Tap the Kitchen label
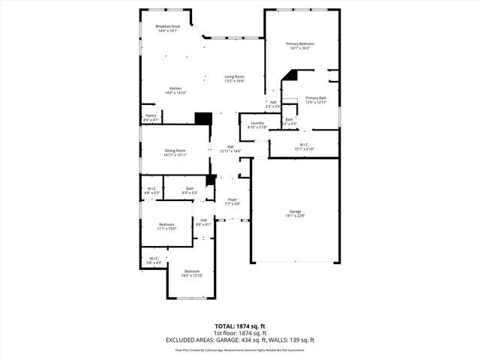coord(175,89)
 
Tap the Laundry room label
coord(257,124)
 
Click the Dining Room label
coord(175,152)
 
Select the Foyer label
coord(232,201)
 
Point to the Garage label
coord(294,214)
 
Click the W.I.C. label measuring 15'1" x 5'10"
coord(304,146)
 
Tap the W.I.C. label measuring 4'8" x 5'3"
coord(151,190)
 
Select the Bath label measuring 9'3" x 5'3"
coord(190,190)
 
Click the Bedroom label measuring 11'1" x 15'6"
coord(166,226)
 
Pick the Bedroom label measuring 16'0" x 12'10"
coord(192,273)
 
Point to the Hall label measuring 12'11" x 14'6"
coord(230,148)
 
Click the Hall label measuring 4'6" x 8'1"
coord(203,222)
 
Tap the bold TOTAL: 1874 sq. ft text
coord(240,326)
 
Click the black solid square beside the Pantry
coord(202,118)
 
